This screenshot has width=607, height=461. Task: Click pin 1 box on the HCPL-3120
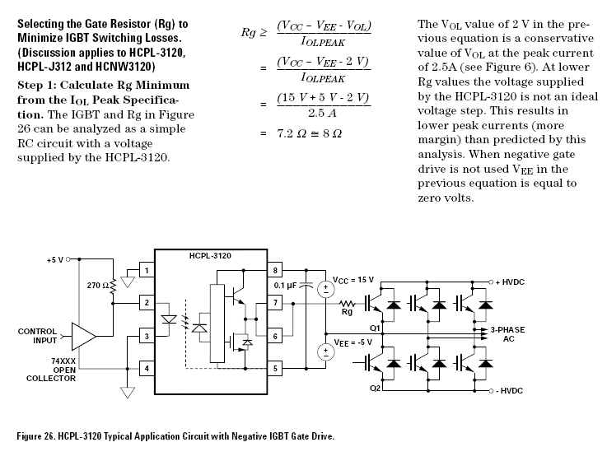[146, 270]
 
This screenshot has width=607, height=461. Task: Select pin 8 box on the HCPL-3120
[276, 270]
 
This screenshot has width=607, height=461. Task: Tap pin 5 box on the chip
[276, 368]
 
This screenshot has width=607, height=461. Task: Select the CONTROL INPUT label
[37, 336]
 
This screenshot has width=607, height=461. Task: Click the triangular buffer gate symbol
[83, 336]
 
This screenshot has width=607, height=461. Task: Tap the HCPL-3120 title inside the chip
[210, 256]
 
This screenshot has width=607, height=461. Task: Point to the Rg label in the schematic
[347, 311]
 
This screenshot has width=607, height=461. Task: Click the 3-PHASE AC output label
[508, 333]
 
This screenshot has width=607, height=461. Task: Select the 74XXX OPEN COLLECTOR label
[42, 370]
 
